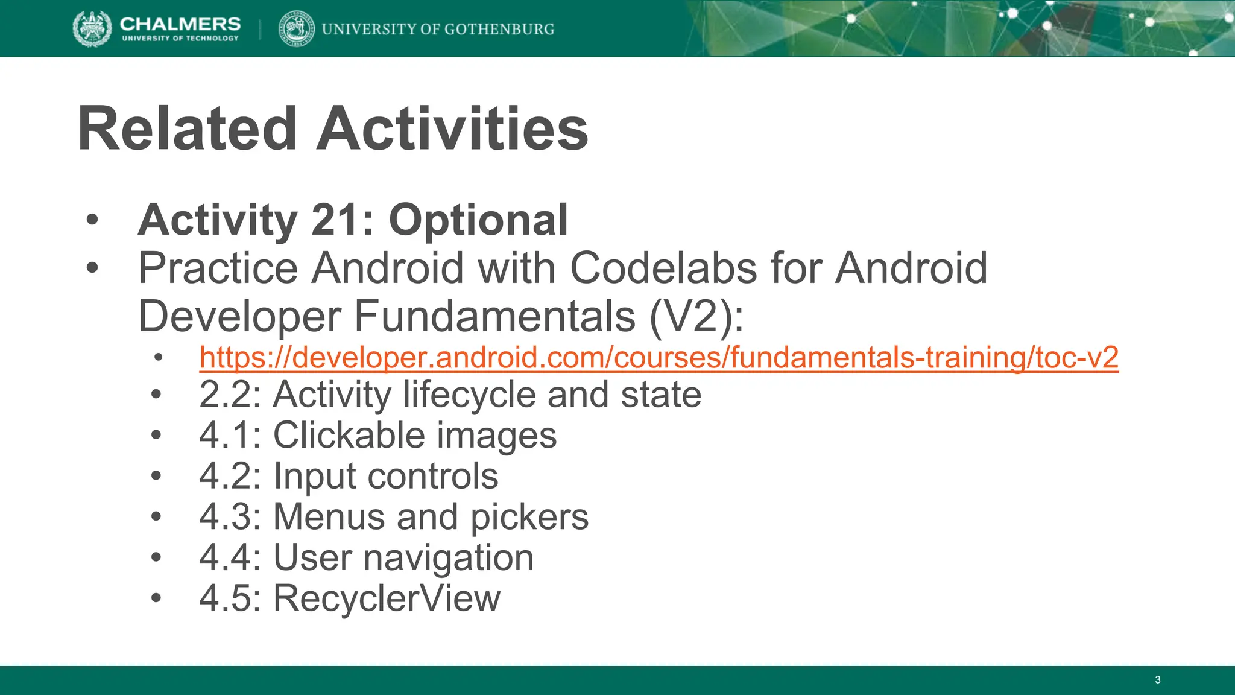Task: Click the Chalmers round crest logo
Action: tap(92, 28)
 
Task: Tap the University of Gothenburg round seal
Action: tap(296, 29)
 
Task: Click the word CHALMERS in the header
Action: tap(180, 24)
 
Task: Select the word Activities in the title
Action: tap(452, 129)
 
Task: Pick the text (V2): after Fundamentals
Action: tap(696, 316)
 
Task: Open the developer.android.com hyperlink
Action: tap(659, 357)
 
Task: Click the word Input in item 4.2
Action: tap(314, 477)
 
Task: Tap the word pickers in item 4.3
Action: tap(529, 518)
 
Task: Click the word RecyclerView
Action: tap(387, 598)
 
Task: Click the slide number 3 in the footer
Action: tap(1157, 680)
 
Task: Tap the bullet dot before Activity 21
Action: tap(92, 220)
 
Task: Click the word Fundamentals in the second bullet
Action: tap(494, 316)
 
